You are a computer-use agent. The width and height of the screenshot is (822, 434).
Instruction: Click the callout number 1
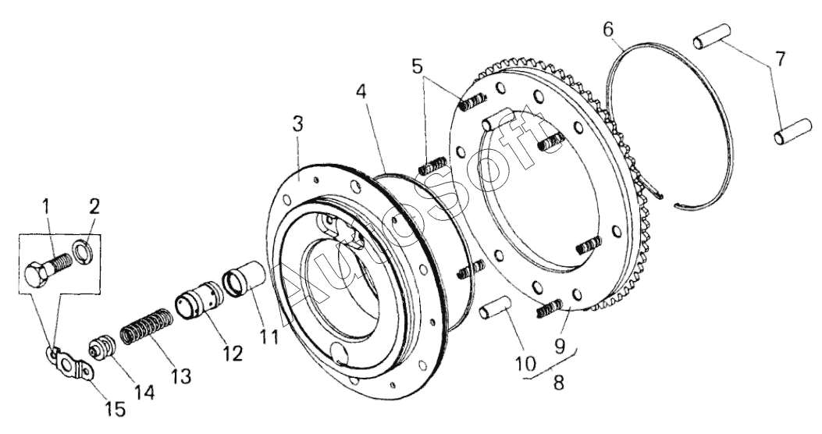pos(46,208)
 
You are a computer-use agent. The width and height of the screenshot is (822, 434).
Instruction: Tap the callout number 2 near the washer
pos(94,207)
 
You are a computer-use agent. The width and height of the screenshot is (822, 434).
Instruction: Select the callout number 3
pos(297,125)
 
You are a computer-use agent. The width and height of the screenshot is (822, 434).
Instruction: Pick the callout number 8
pos(559,382)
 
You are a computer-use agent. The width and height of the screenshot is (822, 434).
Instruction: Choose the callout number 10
pos(526,363)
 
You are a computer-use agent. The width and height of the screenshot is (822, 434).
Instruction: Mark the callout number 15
pos(116,409)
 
